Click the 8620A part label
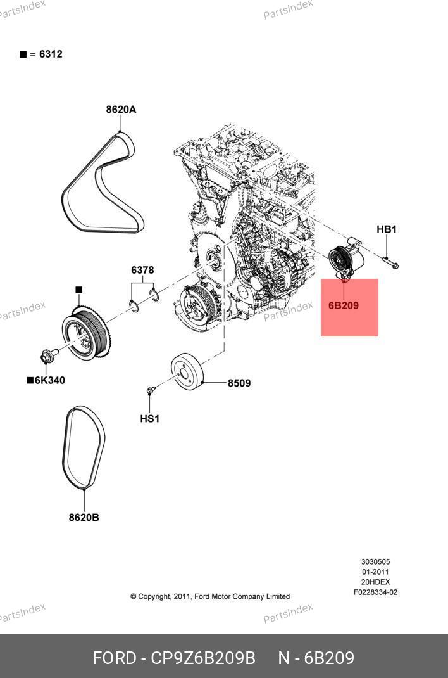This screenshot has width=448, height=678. (121, 110)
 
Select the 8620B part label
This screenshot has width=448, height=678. (84, 518)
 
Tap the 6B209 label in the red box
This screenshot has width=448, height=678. (344, 305)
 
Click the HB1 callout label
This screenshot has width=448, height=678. (387, 229)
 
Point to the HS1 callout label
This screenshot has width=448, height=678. (150, 419)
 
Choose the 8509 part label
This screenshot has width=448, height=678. (239, 383)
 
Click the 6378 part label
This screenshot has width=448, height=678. (142, 271)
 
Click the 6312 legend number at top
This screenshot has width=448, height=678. (51, 54)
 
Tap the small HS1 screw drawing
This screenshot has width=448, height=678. (151, 391)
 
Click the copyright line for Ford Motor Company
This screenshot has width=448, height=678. (210, 596)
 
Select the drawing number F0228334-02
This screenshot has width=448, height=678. (375, 592)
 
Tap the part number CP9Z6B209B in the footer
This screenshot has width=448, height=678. (202, 658)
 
